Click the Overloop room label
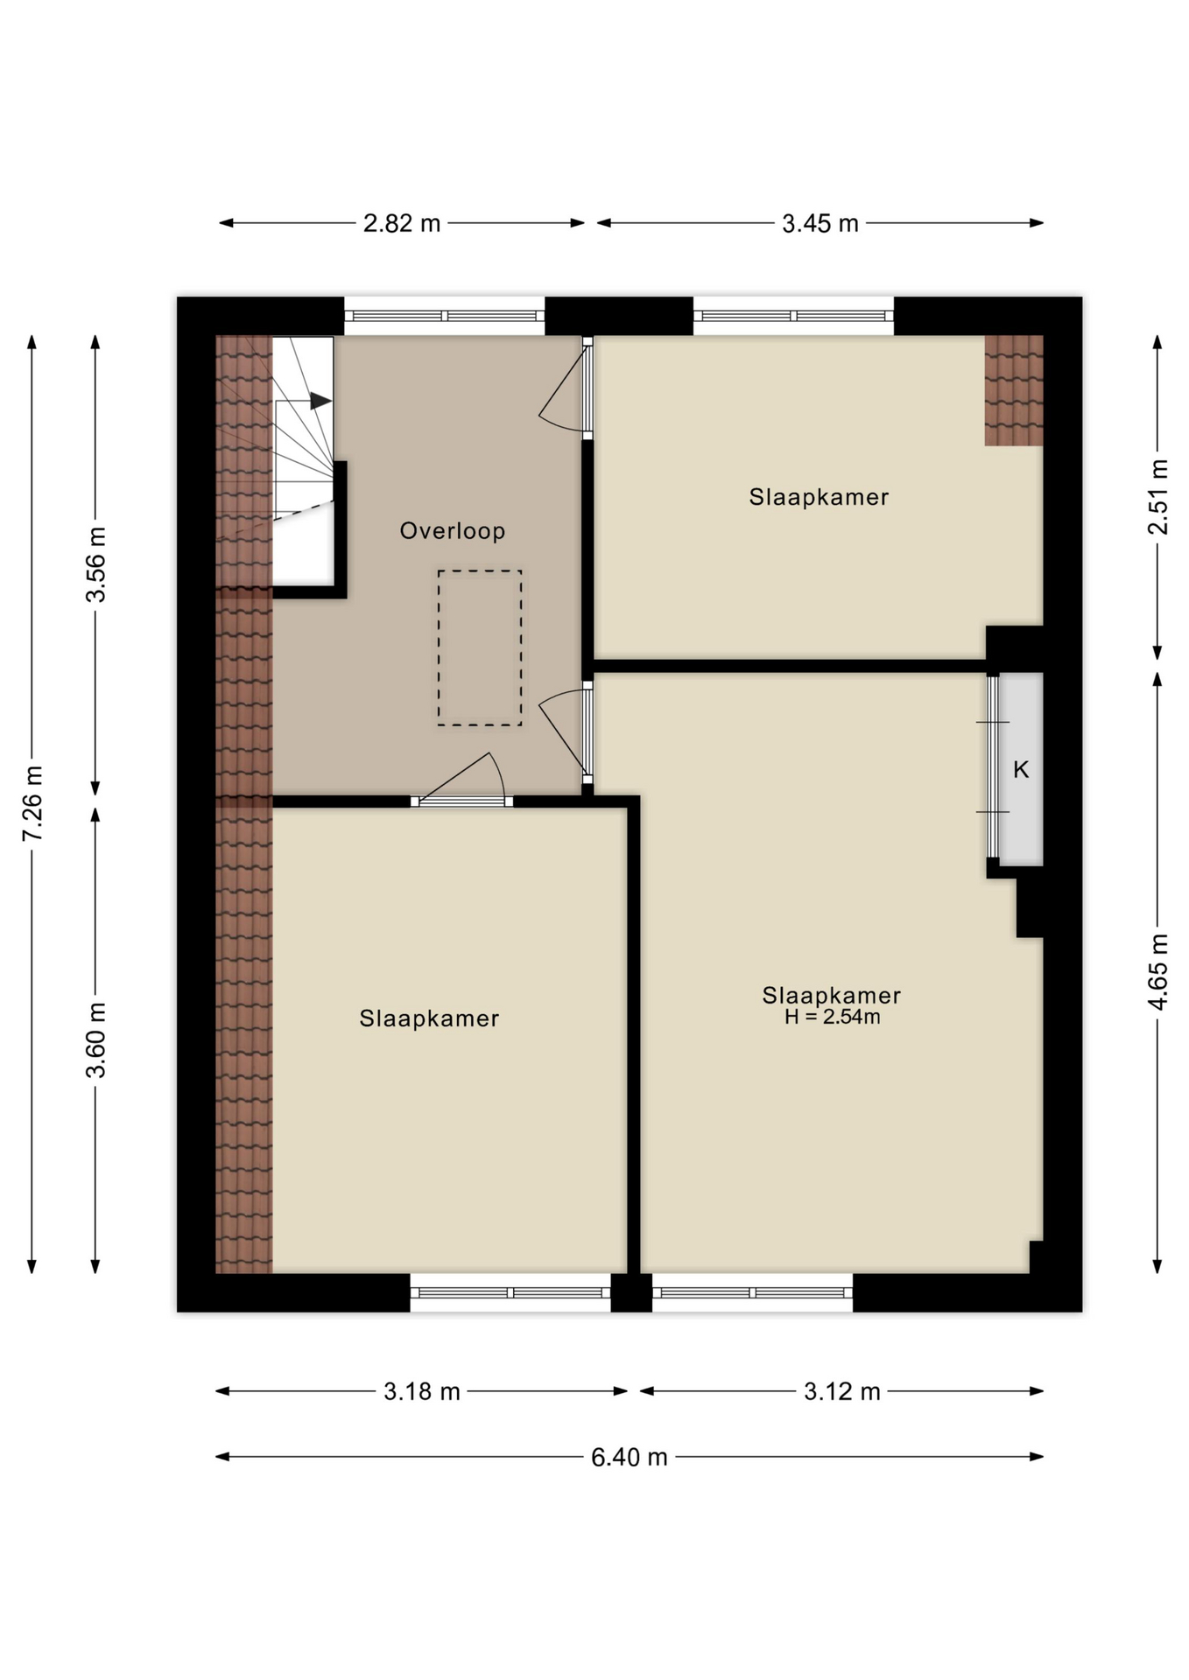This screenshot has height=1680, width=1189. pos(452,531)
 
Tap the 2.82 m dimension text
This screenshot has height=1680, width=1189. pos(402,224)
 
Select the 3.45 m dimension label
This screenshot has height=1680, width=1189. pos(820,224)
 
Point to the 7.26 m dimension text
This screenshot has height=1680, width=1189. pos(32,802)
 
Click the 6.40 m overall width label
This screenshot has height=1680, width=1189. pos(629,1458)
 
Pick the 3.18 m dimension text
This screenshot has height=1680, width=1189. pos(421,1392)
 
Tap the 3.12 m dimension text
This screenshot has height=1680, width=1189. pos(841,1392)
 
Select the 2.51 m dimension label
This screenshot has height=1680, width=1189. pos(1158,496)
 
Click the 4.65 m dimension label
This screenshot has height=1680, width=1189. pos(1158,972)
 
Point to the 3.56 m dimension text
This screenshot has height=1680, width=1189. pos(95,564)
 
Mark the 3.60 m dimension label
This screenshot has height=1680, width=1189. pos(95,1039)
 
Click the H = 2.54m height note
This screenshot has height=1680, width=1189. pos(832,1018)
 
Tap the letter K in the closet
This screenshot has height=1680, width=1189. pos(1021,770)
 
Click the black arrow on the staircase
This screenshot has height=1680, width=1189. pos(320,401)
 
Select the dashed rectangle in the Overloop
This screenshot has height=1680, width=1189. pos(480,647)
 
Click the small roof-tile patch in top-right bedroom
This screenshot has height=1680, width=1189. pos(1013,390)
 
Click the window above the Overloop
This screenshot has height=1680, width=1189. pos(444,316)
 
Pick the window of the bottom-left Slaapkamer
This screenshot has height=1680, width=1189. pos(510,1292)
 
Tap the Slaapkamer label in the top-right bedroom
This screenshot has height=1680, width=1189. pos(819,497)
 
